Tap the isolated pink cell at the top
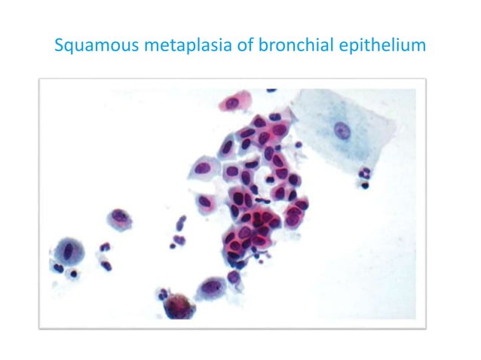pyautogui.click(x=234, y=101)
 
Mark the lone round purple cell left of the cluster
pyautogui.click(x=119, y=218)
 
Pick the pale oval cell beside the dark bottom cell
pyautogui.click(x=212, y=288)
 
